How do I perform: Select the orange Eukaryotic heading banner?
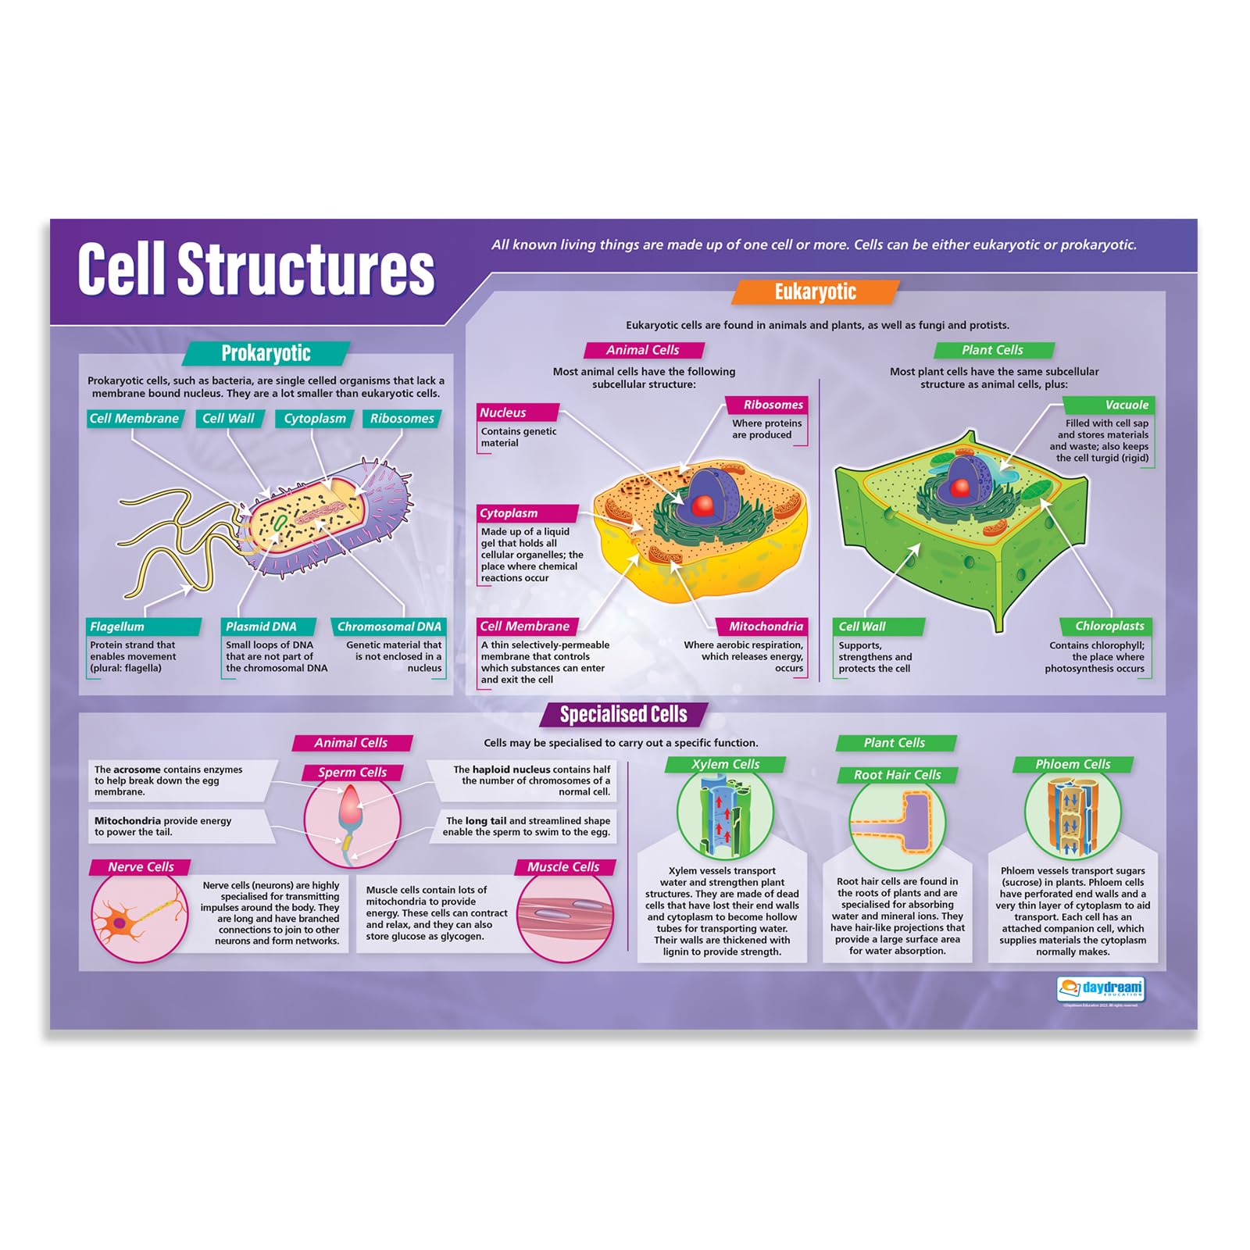point(815,292)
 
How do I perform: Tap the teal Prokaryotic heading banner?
point(266,353)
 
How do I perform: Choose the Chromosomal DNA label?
point(388,627)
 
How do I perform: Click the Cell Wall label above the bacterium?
point(229,419)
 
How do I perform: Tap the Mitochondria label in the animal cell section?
point(764,627)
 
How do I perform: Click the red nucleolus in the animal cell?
point(703,505)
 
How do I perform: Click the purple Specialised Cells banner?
point(623,714)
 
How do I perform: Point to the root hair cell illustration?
point(897,823)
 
